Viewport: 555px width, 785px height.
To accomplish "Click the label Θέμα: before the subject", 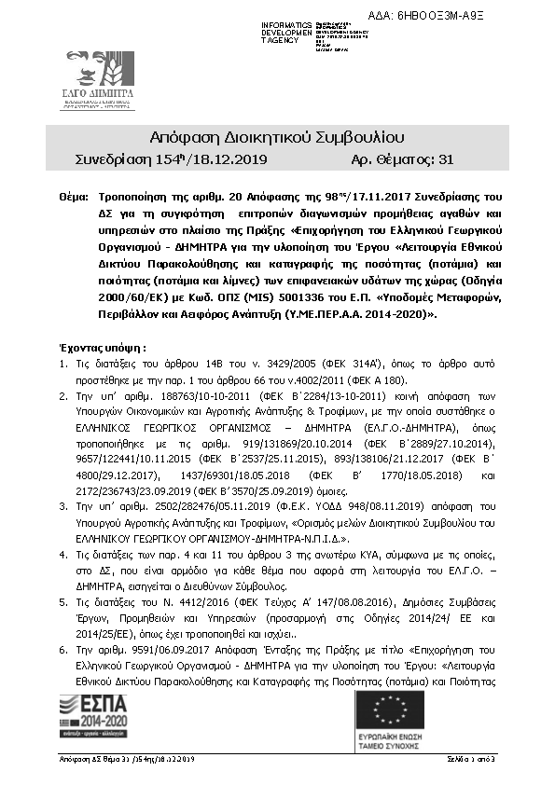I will (72, 198).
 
